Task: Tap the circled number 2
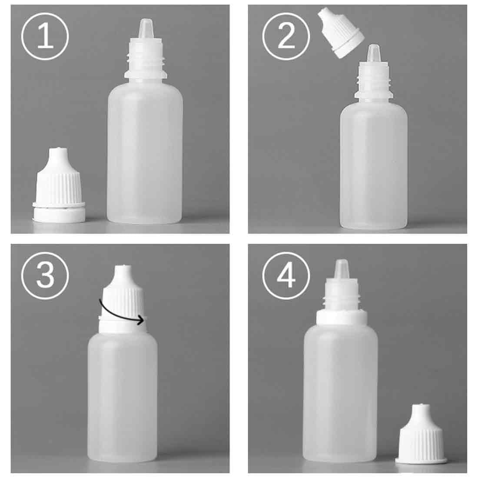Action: click(x=286, y=37)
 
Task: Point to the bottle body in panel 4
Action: click(x=341, y=391)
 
